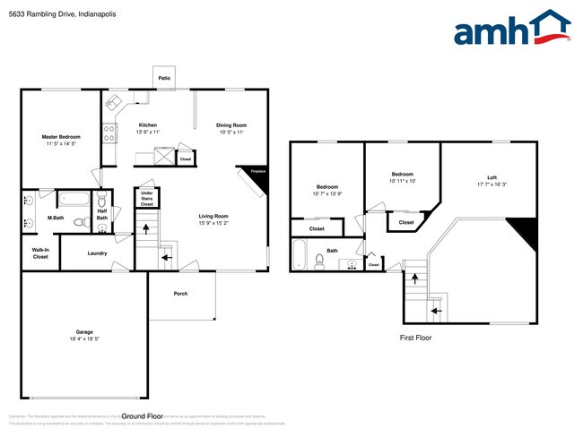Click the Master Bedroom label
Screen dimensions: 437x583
tap(58, 137)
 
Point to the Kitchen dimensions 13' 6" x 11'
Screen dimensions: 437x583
tap(147, 133)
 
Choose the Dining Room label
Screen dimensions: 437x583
tap(231, 125)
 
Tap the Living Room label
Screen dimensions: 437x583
tap(213, 216)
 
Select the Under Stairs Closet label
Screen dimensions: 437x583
tap(146, 198)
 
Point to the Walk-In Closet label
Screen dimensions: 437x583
tap(40, 253)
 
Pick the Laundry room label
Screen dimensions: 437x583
tap(97, 253)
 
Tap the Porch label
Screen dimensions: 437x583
tap(180, 293)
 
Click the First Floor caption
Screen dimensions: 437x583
tap(416, 338)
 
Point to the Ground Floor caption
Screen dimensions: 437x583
tap(142, 416)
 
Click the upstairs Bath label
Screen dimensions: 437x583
tap(332, 251)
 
